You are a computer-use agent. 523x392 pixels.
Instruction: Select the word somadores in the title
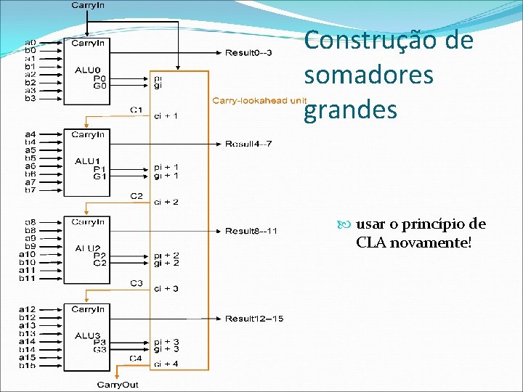368,75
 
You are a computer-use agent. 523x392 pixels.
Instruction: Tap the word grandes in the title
351,110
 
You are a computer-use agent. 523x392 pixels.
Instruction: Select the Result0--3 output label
248,52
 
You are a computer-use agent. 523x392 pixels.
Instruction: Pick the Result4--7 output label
248,144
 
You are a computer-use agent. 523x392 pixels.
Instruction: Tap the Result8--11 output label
251,231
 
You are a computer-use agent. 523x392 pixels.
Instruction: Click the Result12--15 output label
254,319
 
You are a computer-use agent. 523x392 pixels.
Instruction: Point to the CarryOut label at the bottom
118,385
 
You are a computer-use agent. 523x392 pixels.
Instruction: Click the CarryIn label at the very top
88,6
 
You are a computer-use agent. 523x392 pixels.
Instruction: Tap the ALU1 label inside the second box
86,160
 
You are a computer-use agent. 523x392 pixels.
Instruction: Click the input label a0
31,42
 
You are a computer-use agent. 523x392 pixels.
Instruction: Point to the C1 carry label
136,110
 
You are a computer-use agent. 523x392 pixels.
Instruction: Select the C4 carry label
136,358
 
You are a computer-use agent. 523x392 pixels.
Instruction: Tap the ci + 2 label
166,201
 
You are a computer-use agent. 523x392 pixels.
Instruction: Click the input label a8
31,222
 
